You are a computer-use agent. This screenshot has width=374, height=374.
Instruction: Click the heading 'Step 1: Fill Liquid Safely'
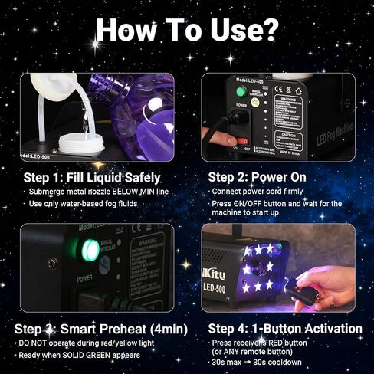pos(92,177)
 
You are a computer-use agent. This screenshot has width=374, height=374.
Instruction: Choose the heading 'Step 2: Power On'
pos(257,177)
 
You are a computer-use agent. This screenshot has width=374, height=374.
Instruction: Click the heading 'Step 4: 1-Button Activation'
pos(285,329)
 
